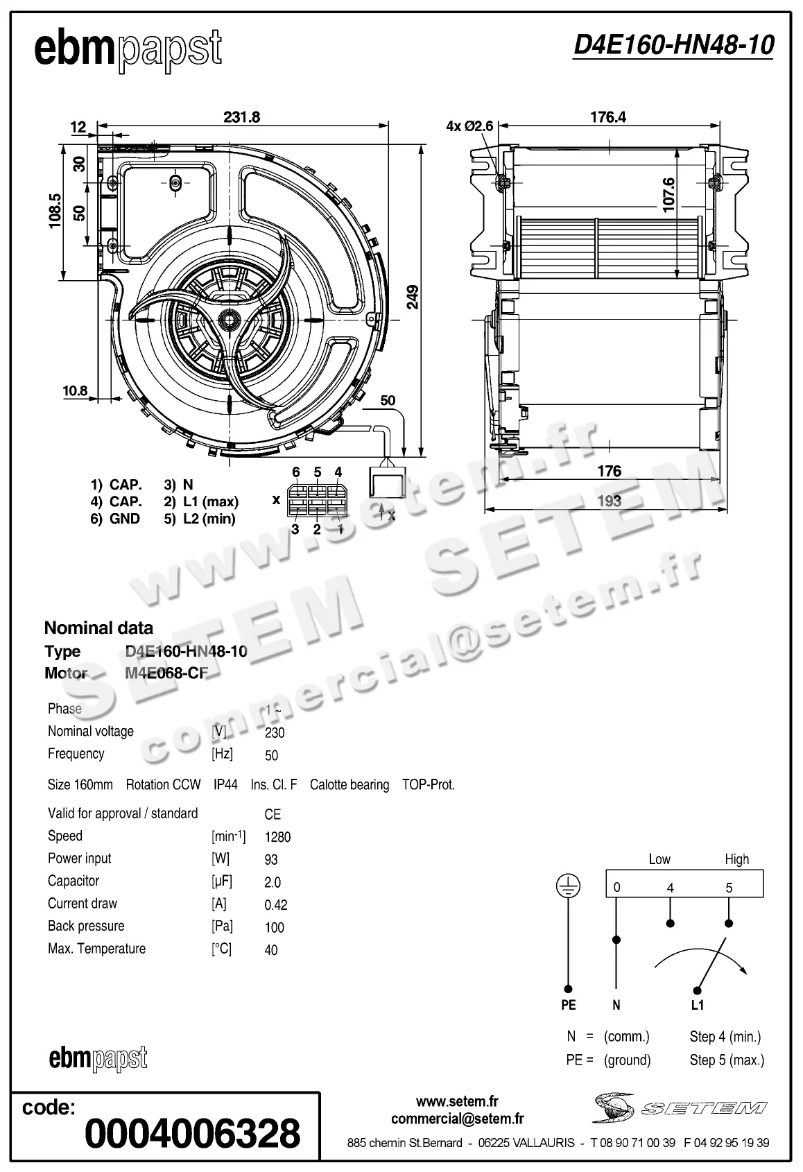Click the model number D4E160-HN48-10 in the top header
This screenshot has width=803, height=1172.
coord(673,45)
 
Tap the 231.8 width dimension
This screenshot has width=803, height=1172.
coord(241,117)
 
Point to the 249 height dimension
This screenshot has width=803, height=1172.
coord(413,297)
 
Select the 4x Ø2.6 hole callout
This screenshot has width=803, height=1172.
coord(469,126)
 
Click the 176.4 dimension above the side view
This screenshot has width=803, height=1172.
coord(608,117)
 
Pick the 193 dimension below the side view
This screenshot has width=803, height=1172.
coord(609,501)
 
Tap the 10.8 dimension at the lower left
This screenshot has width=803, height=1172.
coord(75,390)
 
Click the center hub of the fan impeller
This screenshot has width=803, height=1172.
coord(227,319)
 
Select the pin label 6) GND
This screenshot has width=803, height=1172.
coord(115,519)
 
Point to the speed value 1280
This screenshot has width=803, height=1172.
coord(277,837)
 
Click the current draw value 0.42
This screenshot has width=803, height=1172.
coord(276,905)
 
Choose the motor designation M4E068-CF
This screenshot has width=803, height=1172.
coord(166,673)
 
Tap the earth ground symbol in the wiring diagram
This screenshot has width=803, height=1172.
coord(568,886)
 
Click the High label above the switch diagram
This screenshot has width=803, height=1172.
coord(736,859)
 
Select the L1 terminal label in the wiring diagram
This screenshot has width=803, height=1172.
coord(698,1005)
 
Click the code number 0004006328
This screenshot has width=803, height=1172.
coord(192,1133)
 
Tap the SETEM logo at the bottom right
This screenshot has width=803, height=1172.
coord(680,1108)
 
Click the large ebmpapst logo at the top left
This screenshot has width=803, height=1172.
coord(128,50)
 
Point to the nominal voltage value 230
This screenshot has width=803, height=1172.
coord(275,732)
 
